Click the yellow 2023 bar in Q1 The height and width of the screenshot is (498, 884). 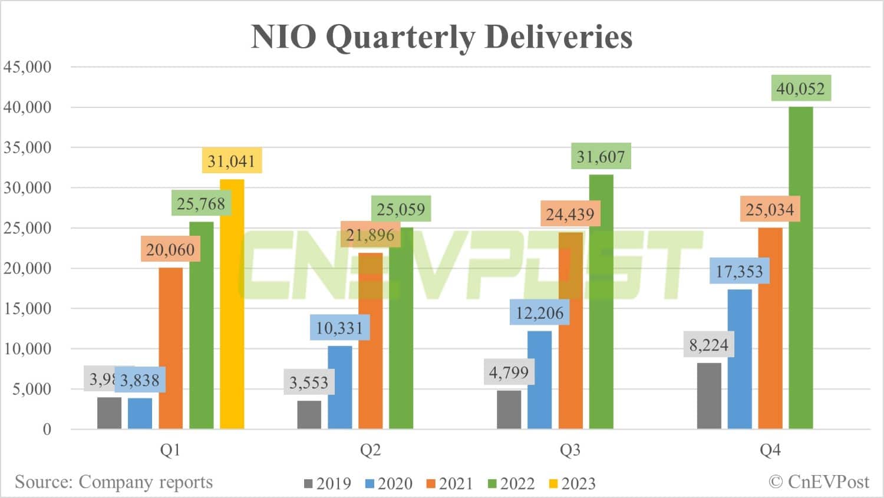click(x=232, y=304)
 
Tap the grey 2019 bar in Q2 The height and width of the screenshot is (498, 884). click(x=309, y=414)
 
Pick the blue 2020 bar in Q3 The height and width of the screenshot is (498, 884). click(x=539, y=380)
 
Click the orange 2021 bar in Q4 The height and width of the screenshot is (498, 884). click(x=770, y=328)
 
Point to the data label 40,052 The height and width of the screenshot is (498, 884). click(x=800, y=88)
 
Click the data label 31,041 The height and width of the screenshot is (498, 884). click(x=231, y=160)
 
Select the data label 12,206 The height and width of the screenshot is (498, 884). click(x=539, y=312)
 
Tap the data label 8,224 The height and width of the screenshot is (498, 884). click(x=708, y=345)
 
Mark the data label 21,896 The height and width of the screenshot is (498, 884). click(x=370, y=235)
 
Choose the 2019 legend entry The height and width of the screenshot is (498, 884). click(x=328, y=483)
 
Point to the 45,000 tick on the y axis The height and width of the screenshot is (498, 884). click(x=28, y=67)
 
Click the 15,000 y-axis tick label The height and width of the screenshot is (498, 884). click(x=28, y=308)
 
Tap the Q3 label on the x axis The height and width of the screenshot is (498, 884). click(x=570, y=450)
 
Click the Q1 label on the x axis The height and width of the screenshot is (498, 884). click(x=170, y=450)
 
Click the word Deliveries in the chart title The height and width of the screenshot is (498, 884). click(x=558, y=37)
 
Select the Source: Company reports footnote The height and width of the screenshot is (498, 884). click(x=113, y=481)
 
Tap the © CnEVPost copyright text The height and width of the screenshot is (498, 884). click(x=819, y=481)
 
